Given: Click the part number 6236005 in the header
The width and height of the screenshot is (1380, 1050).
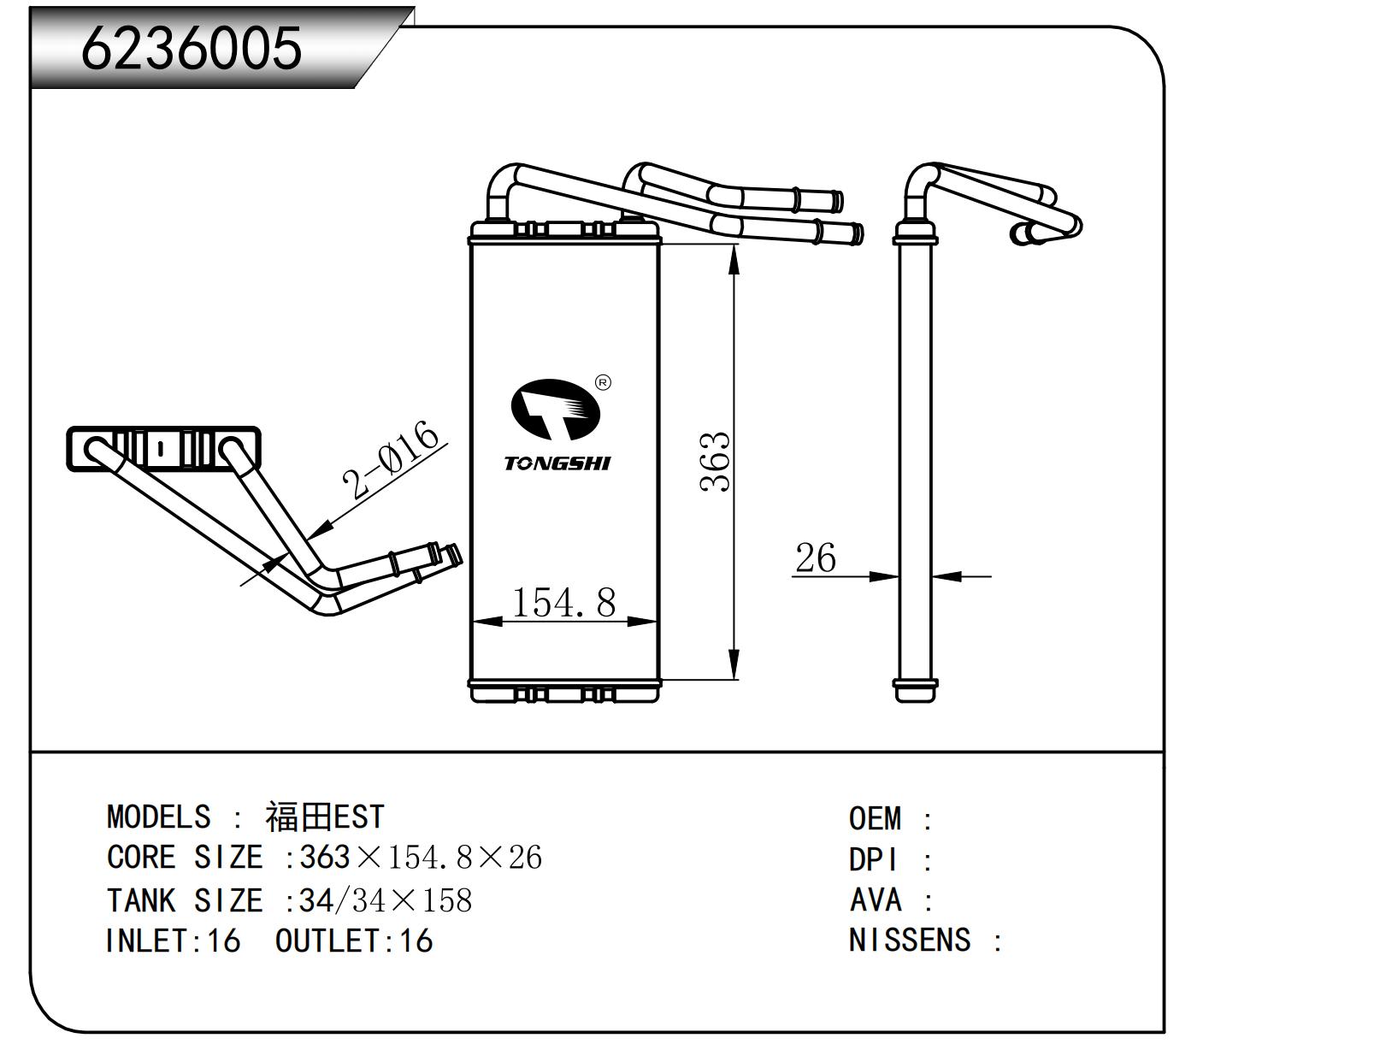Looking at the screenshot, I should [x=192, y=47].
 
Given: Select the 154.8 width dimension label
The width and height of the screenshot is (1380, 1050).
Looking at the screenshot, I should [x=563, y=602].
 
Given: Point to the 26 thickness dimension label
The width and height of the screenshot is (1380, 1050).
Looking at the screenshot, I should [x=815, y=558].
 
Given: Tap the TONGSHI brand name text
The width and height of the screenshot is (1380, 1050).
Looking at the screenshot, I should [x=557, y=463].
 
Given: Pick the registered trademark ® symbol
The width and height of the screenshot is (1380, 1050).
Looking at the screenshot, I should [x=602, y=382].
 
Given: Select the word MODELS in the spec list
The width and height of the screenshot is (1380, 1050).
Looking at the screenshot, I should [x=158, y=817].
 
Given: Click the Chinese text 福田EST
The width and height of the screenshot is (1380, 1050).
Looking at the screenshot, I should [x=325, y=817].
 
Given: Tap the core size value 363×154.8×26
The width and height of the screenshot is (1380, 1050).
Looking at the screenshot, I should [x=421, y=857].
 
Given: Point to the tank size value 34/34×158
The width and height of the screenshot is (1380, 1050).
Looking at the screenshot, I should [x=386, y=900].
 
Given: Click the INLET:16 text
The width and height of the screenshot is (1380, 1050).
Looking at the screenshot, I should [x=173, y=941].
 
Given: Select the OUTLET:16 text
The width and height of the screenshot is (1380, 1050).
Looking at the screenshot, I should [x=354, y=941].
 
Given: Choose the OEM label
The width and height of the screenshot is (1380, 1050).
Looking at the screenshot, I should [x=875, y=818].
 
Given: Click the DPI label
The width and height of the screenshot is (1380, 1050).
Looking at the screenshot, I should [x=873, y=859].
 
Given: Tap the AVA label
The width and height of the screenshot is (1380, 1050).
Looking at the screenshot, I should [x=876, y=900].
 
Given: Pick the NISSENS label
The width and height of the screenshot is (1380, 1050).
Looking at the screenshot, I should [x=910, y=941].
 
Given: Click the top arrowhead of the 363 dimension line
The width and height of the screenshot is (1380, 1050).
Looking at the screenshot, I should [x=734, y=257].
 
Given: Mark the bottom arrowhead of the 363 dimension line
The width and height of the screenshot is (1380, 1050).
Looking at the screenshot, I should [x=734, y=667].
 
